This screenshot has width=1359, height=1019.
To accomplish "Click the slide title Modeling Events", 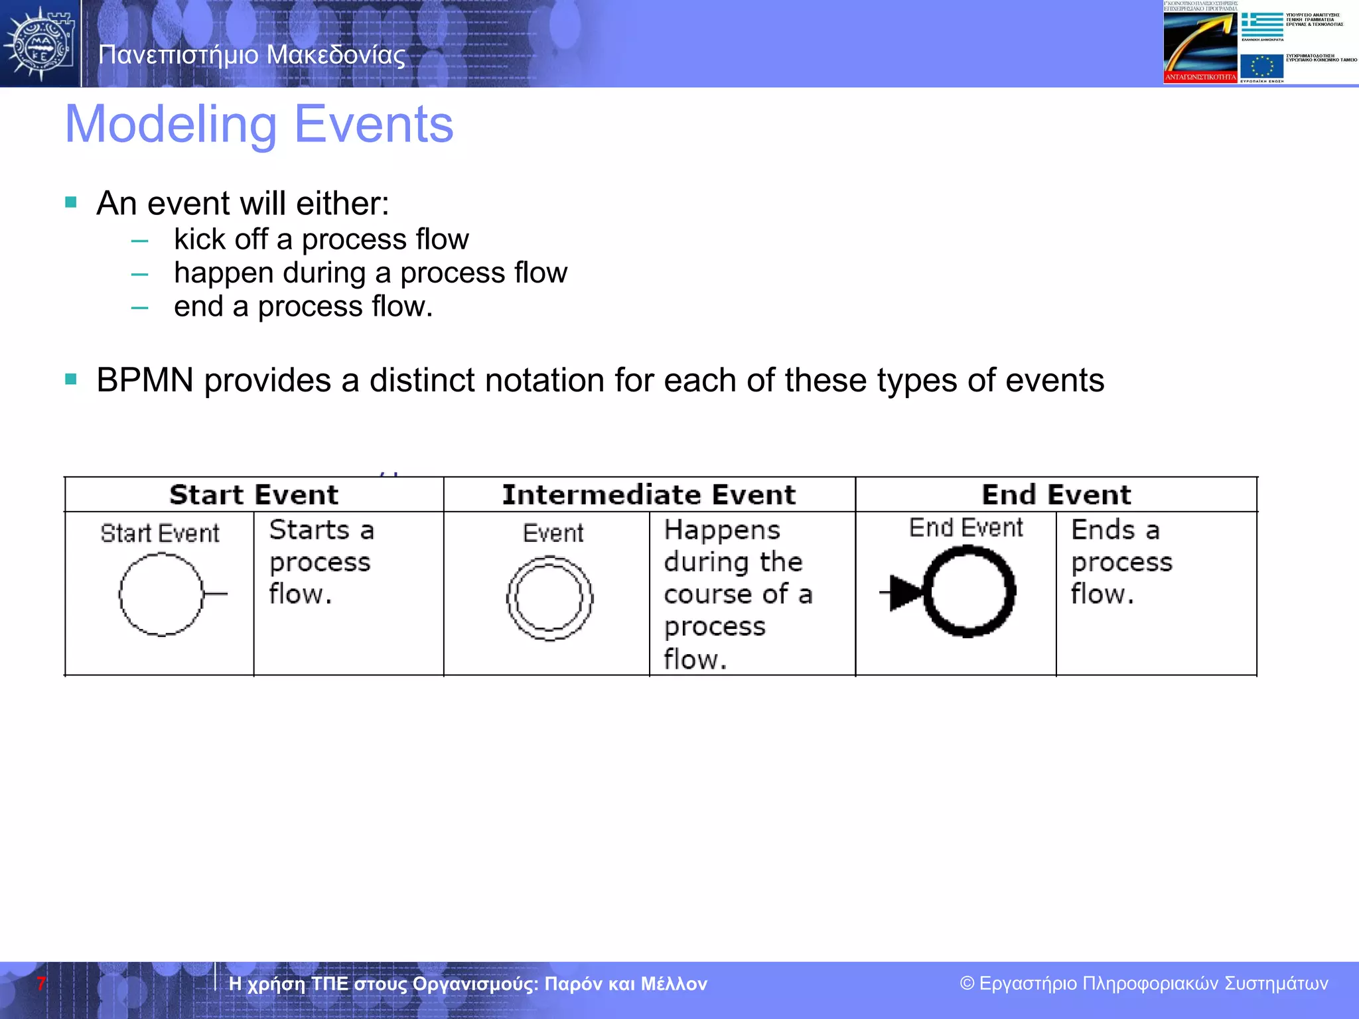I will tap(259, 125).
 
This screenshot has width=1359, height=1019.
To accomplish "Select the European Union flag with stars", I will tap(1261, 67).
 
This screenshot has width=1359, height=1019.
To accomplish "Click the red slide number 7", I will tap(41, 984).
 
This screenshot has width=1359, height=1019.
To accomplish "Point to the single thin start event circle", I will tap(161, 594).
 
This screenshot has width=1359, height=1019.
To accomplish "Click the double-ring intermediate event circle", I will tap(549, 598).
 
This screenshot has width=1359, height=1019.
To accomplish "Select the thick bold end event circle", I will tap(969, 591).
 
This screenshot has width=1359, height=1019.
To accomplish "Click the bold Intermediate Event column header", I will tap(648, 495).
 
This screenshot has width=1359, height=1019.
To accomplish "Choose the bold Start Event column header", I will tap(253, 495).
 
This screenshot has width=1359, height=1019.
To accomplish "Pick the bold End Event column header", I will tap(1056, 495).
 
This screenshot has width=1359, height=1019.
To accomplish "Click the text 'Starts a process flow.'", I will tap(321, 561).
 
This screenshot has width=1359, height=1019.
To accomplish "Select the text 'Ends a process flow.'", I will tap(1121, 561).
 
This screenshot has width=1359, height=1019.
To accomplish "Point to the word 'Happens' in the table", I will tap(722, 530).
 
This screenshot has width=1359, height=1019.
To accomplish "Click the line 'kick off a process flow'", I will tap(321, 239).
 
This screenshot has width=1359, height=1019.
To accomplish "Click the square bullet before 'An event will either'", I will tap(71, 202).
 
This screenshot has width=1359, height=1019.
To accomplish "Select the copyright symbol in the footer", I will tap(967, 984).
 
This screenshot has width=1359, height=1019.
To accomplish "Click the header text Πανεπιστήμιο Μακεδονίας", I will tap(251, 54).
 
